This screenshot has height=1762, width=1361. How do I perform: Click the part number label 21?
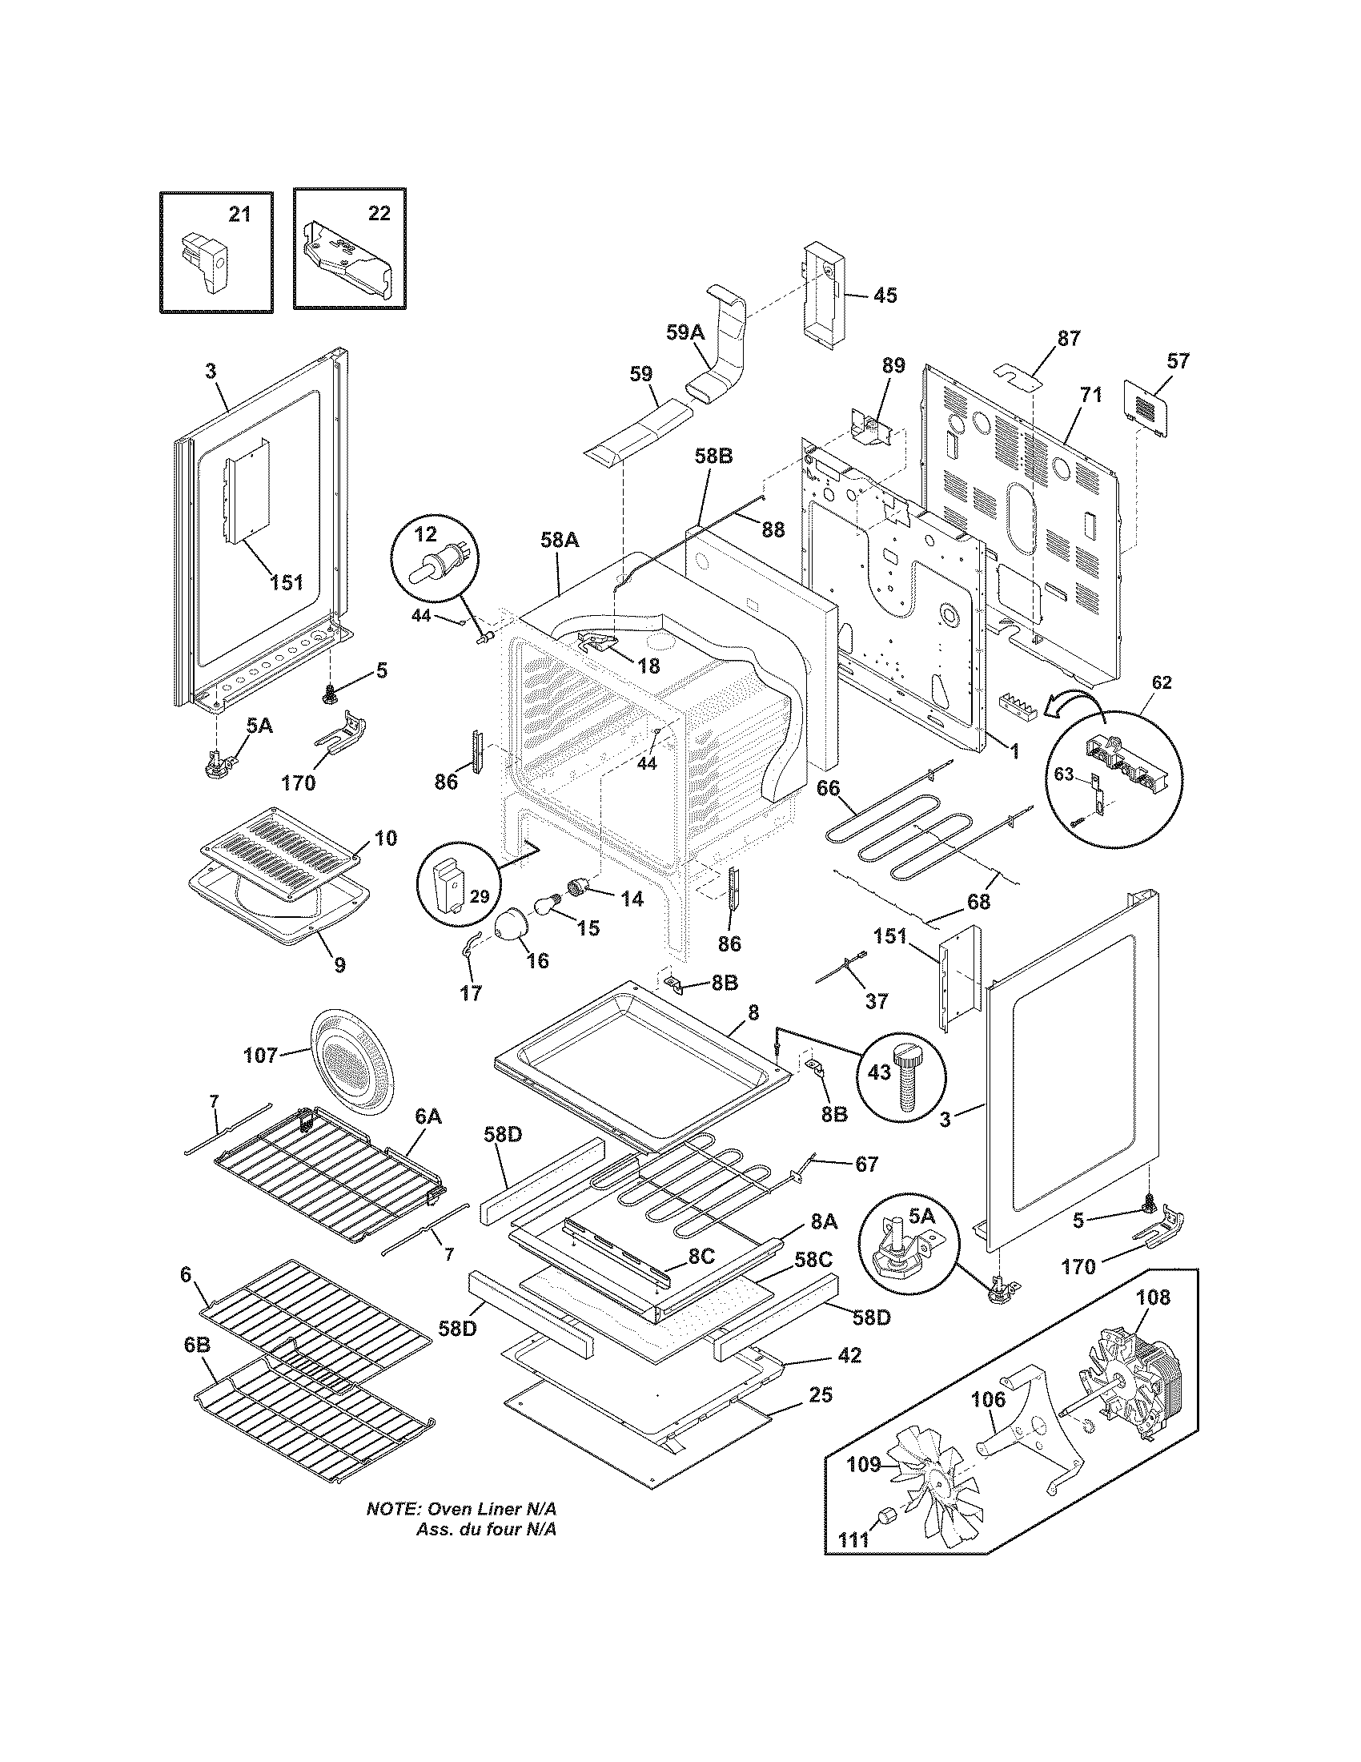[x=239, y=214]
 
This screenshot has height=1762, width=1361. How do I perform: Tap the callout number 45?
[x=885, y=296]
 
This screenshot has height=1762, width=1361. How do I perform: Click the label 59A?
[x=686, y=331]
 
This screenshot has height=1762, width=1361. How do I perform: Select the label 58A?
[x=560, y=540]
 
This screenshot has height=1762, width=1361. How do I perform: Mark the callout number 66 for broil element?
[x=828, y=788]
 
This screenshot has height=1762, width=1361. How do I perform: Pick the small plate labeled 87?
[x=1018, y=375]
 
